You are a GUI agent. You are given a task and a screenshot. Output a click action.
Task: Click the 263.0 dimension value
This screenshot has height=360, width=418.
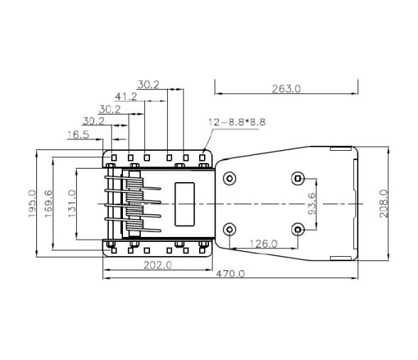(286, 89)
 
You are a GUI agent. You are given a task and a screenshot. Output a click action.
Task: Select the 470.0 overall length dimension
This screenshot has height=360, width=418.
(230, 274)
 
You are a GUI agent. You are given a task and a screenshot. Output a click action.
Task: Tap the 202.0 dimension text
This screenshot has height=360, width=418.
(158, 265)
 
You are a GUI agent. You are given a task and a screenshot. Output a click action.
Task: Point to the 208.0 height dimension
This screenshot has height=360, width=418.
(383, 203)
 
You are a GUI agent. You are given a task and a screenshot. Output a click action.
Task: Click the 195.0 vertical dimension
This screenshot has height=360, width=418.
(32, 203)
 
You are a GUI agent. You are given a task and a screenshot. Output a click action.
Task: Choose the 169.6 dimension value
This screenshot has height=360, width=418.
(48, 203)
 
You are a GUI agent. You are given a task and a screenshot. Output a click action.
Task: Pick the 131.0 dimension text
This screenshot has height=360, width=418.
(72, 203)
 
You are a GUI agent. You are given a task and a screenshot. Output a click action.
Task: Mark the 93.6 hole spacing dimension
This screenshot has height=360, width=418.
(311, 203)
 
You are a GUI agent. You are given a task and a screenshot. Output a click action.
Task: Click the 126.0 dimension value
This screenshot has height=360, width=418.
(263, 243)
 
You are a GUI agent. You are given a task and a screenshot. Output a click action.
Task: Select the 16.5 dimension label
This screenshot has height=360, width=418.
(78, 134)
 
